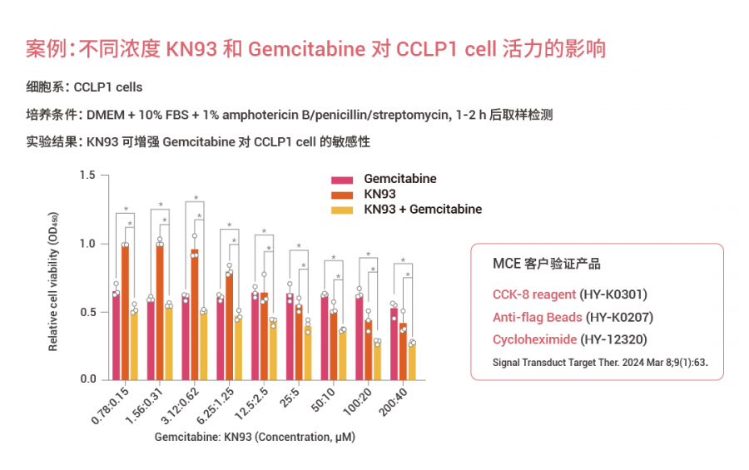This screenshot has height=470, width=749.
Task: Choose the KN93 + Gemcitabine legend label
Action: point(423,209)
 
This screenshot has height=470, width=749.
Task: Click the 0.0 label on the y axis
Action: point(88,380)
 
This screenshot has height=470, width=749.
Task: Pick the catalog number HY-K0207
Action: point(619,317)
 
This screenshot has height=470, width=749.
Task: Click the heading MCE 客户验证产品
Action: point(547,264)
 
